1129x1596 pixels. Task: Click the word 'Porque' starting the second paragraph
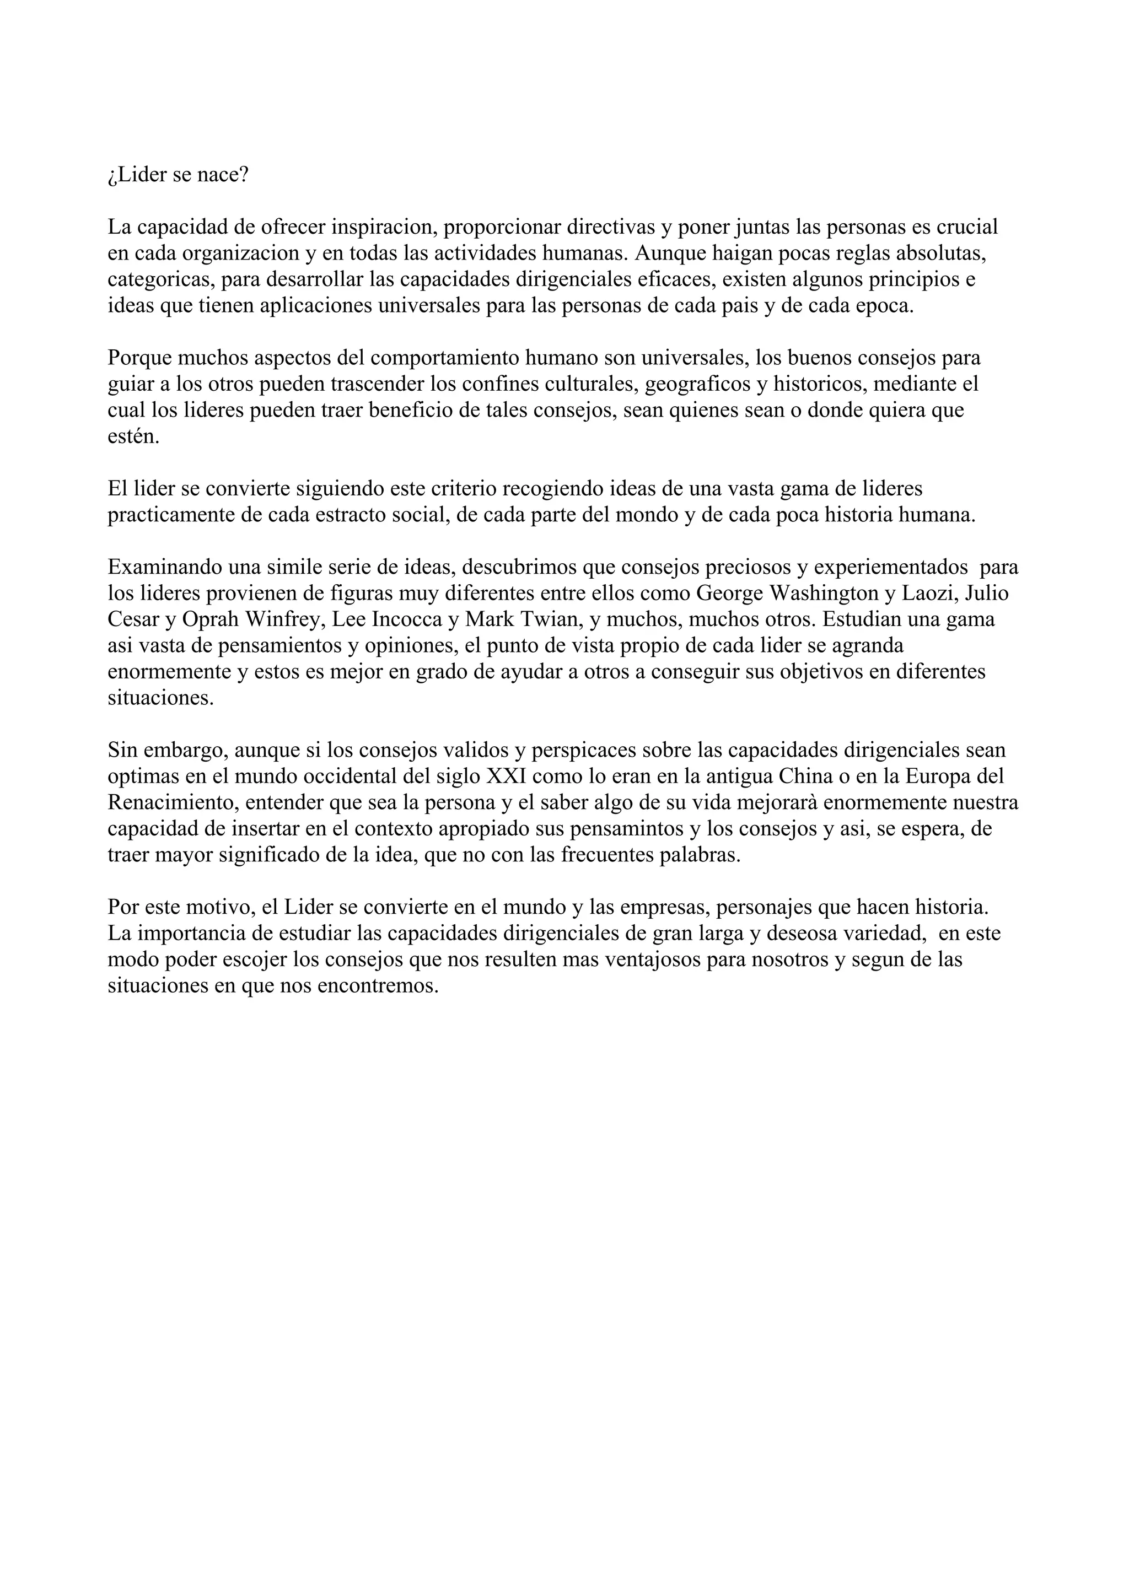click(x=139, y=358)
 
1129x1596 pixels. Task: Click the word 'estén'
click(x=133, y=437)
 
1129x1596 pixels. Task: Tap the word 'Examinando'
click(x=164, y=567)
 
